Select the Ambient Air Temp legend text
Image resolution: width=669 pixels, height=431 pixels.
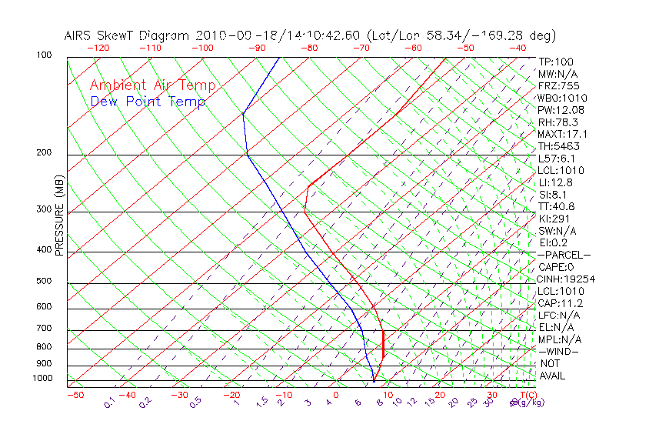pos(152,86)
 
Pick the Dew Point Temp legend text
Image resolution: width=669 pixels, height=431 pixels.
pos(148,102)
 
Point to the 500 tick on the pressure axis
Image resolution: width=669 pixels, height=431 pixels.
pos(44,282)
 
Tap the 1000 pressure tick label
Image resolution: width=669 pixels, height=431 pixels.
pos(42,379)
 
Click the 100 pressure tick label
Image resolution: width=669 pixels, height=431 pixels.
pos(44,55)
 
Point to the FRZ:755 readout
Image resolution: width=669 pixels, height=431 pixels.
pos(559,86)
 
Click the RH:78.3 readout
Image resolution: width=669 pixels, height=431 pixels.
pos(558,122)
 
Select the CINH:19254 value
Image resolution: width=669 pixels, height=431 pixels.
pos(567,279)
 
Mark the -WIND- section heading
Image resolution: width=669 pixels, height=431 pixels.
pos(559,352)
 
